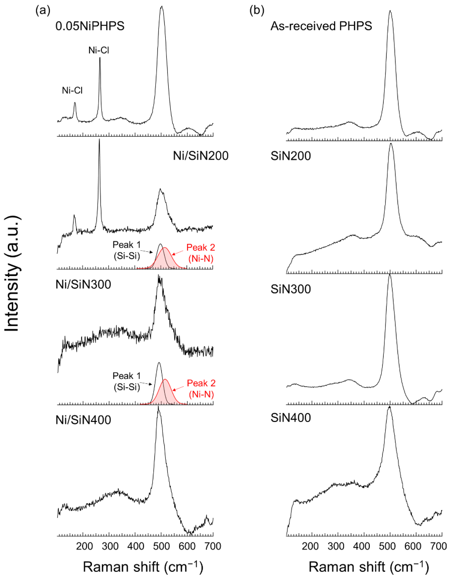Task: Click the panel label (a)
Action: tap(43, 11)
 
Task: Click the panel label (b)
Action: tap(257, 11)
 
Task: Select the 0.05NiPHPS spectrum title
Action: tap(90, 26)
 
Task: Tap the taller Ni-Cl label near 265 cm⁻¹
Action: tap(99, 50)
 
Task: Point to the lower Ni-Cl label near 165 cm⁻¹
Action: tap(72, 91)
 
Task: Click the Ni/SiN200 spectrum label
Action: tap(200, 156)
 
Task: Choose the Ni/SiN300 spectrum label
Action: tap(83, 284)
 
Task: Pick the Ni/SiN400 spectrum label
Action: tap(83, 420)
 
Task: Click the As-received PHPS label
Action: tap(321, 26)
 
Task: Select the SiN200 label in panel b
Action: tap(291, 156)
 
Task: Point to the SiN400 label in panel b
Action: tap(291, 418)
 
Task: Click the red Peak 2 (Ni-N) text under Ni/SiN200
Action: tap(201, 253)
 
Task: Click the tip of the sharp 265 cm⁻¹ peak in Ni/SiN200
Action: tap(99, 140)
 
